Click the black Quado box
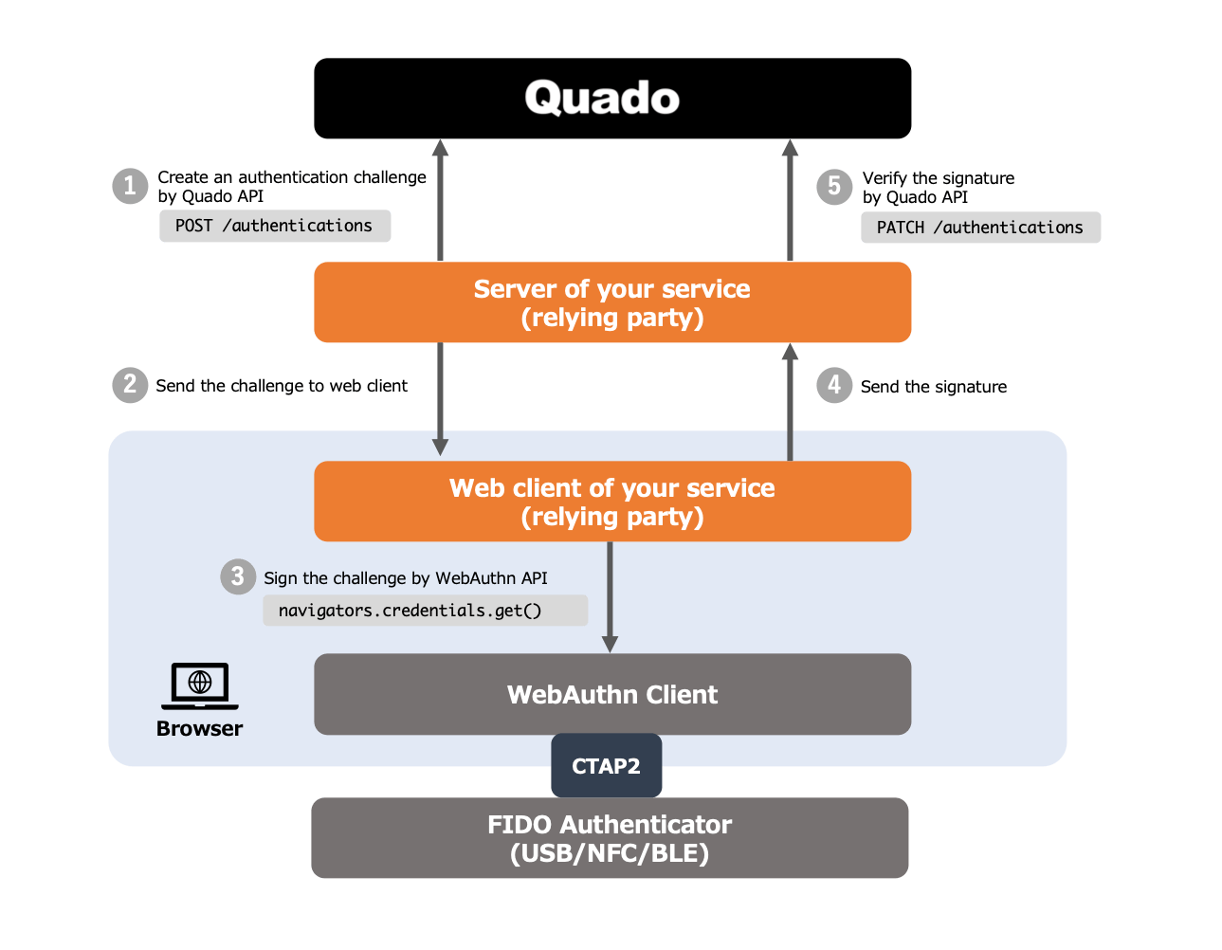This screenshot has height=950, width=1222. tap(612, 99)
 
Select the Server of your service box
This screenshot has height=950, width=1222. tap(612, 302)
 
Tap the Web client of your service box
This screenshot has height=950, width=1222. tap(612, 502)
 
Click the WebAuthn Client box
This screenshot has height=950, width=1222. tap(612, 694)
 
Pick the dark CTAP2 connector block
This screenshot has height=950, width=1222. tap(607, 765)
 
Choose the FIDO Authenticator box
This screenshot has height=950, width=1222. tap(610, 838)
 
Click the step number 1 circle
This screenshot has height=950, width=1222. tap(130, 186)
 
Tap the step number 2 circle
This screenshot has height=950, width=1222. tap(130, 385)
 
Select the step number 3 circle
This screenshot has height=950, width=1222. tap(238, 576)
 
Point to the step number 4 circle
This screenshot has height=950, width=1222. tap(834, 385)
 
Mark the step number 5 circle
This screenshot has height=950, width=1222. tap(834, 186)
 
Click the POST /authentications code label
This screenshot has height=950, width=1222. tap(275, 226)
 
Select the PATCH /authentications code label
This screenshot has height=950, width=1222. tap(980, 228)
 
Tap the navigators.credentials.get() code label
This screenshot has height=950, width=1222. tap(425, 611)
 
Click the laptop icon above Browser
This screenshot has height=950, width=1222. tap(200, 685)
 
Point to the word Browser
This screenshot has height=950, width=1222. tap(200, 728)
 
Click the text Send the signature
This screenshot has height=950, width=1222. tap(933, 387)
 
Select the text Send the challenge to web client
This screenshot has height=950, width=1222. tap(282, 386)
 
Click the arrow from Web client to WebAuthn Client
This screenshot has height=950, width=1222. tap(610, 597)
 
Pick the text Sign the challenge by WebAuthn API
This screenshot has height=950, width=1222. tap(405, 578)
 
